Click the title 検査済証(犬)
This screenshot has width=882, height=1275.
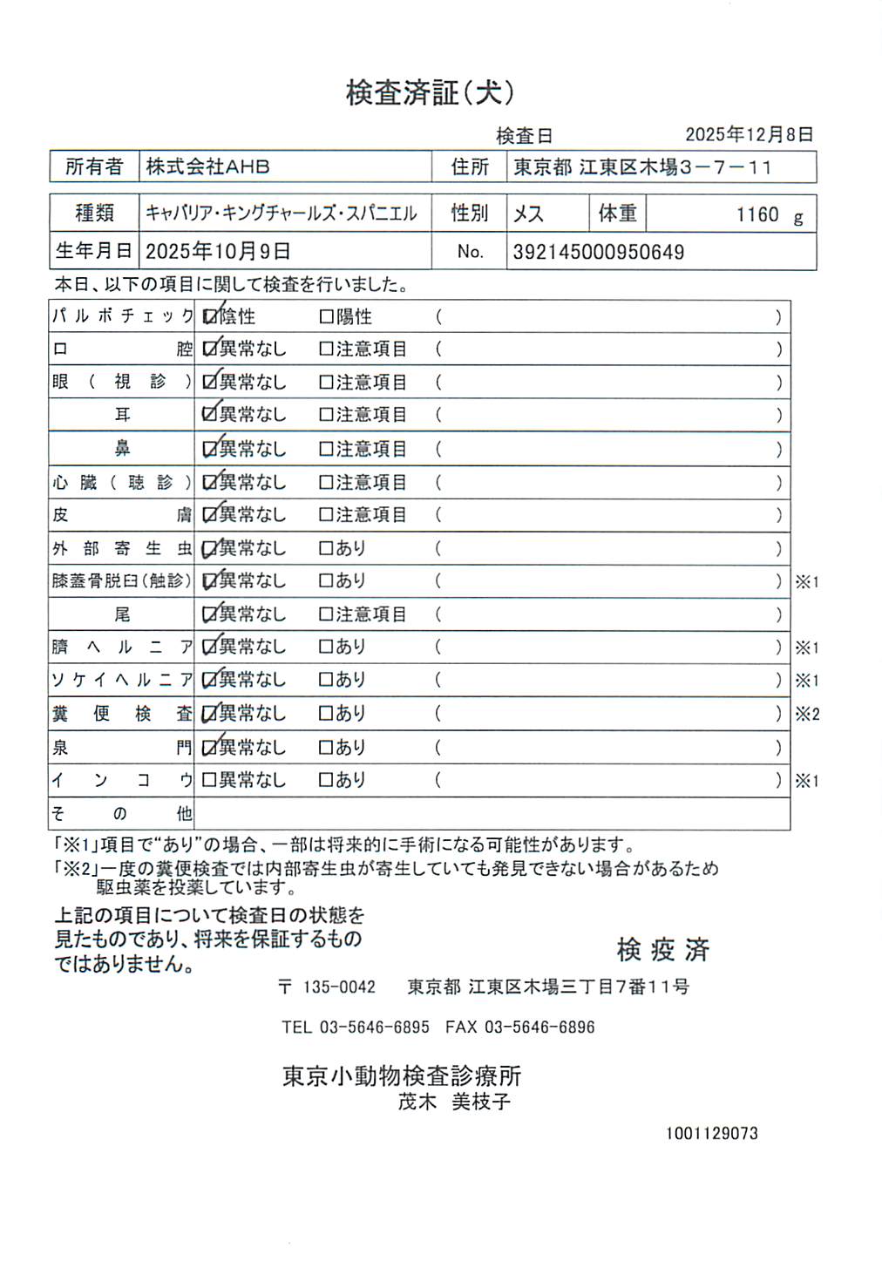[x=430, y=92]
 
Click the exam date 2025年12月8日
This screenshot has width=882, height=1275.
[x=749, y=134]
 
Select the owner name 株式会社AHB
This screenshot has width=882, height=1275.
[x=207, y=166]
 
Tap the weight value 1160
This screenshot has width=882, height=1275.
[x=756, y=215]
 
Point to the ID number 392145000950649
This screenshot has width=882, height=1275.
[x=598, y=253]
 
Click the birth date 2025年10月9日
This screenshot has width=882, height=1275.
[x=218, y=252]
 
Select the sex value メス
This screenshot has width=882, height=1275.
[x=528, y=214]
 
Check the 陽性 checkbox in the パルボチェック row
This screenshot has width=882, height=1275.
[x=327, y=317]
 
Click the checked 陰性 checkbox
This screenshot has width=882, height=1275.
[x=210, y=317]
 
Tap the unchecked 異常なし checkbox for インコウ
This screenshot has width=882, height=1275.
[x=209, y=780]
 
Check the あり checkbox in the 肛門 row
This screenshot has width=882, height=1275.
[x=327, y=748]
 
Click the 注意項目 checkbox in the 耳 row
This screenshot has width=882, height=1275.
[x=327, y=415]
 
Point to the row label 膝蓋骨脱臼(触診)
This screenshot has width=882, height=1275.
[x=121, y=580]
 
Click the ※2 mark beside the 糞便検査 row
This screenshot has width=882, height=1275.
[x=807, y=715]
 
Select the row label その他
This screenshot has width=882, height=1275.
[x=121, y=814]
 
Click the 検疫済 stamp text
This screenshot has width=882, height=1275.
[x=662, y=949]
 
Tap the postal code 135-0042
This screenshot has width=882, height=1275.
[x=338, y=987]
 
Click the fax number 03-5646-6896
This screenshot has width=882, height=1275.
[x=539, y=1027]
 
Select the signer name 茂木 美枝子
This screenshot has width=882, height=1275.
[x=454, y=1102]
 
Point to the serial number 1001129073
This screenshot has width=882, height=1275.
[x=711, y=1134]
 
